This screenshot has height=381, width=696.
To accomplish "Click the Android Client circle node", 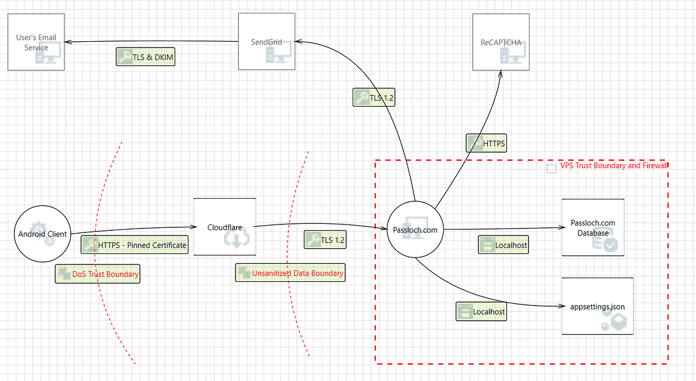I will tap(42, 234).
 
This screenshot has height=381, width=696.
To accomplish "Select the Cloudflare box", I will tap(224, 227).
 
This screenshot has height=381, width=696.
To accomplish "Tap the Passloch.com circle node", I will tap(415, 230).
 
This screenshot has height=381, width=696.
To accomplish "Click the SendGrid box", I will tap(267, 42).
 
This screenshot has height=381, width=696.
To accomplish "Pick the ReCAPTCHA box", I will tap(501, 42).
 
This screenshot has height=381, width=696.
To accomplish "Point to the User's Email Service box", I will tap(36, 42).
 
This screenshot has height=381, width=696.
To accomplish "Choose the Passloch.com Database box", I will tap(593, 227).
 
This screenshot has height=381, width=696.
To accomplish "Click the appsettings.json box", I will tap(597, 306).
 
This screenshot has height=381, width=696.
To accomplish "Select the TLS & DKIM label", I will tap(146, 57).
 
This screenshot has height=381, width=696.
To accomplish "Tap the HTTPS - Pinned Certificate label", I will tap(135, 245).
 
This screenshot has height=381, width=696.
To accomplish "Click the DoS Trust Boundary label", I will tap(97, 274).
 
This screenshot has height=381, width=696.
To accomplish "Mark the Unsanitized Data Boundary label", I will tap(290, 273).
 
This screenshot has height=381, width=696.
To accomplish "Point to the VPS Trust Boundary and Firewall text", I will tap(614, 166).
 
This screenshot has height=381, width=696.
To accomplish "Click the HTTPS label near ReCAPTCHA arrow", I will tap(487, 143).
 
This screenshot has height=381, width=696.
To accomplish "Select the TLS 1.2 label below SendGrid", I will tap(374, 97).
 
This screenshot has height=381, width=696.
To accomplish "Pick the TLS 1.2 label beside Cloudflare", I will tap(325, 240).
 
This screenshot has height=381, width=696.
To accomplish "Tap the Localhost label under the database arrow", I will tap(503, 245).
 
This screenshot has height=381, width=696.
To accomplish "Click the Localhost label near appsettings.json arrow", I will tap(481, 311).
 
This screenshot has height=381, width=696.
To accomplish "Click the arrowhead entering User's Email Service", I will tap(67, 42).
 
